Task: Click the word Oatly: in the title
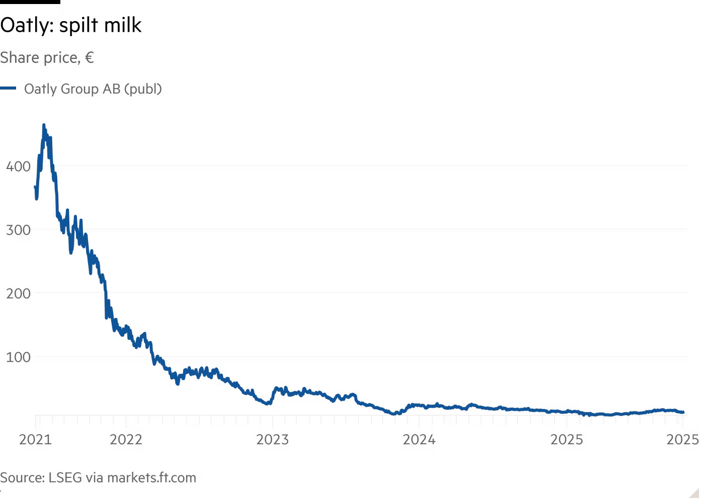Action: [x=27, y=25]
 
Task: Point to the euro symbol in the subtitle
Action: [x=90, y=58]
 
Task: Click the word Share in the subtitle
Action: [x=20, y=58]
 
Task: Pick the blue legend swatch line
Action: [x=8, y=89]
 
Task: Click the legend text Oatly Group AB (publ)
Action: [x=93, y=89]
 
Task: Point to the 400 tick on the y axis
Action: [x=18, y=166]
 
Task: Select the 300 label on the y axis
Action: [x=18, y=230]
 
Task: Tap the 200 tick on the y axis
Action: [x=18, y=293]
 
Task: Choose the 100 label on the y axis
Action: [x=18, y=357]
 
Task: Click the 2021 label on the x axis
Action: [x=35, y=440]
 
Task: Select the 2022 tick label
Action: [x=126, y=440]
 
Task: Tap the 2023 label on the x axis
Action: [x=273, y=440]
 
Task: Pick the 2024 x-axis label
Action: [x=419, y=440]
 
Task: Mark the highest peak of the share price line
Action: [x=44, y=125]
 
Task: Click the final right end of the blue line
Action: [x=683, y=412]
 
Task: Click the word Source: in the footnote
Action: [x=22, y=477]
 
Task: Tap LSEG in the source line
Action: [x=65, y=477]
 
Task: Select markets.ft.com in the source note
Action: [x=152, y=477]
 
